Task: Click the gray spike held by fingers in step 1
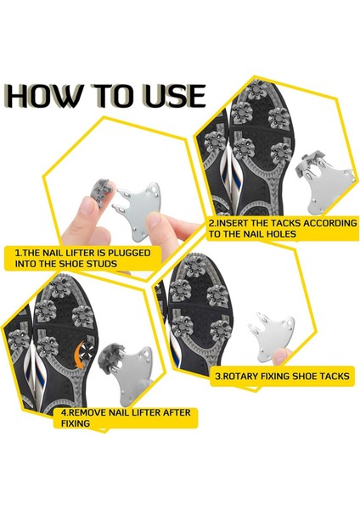[x=101, y=192]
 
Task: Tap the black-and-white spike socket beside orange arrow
[x=87, y=350]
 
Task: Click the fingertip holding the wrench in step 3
[x=281, y=356]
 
